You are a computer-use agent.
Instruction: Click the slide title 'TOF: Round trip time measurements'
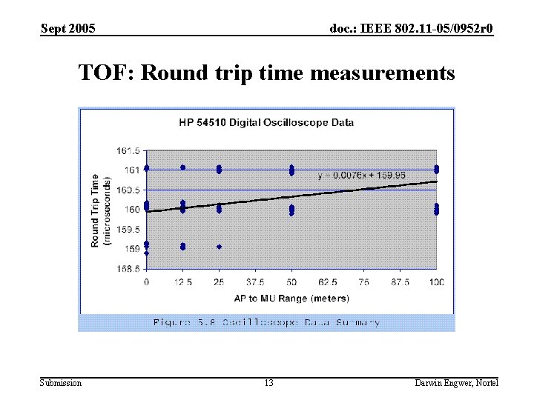pyautogui.click(x=266, y=73)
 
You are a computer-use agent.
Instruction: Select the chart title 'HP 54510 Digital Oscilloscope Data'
pyautogui.click(x=266, y=122)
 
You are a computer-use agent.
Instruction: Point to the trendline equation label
pyautogui.click(x=361, y=176)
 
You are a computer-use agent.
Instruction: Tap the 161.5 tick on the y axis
pyautogui.click(x=128, y=150)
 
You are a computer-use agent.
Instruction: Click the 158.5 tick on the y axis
pyautogui.click(x=128, y=269)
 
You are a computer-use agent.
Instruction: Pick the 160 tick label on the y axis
pyautogui.click(x=131, y=210)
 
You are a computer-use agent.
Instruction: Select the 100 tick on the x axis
pyautogui.click(x=436, y=282)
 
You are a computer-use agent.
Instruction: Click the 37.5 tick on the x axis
pyautogui.click(x=255, y=282)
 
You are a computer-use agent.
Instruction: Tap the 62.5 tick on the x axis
pyautogui.click(x=328, y=282)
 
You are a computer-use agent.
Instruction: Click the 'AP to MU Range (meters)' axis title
pyautogui.click(x=291, y=298)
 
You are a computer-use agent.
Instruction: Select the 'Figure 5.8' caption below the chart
pyautogui.click(x=266, y=322)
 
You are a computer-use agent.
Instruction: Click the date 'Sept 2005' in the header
pyautogui.click(x=67, y=29)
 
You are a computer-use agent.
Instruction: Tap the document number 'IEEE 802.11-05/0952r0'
pyautogui.click(x=412, y=29)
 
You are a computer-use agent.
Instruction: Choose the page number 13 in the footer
pyautogui.click(x=268, y=383)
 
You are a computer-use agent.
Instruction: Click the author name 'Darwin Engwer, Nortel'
pyautogui.click(x=457, y=383)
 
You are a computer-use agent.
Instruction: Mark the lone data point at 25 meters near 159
pyautogui.click(x=219, y=247)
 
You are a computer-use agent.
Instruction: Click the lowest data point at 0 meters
pyautogui.click(x=146, y=253)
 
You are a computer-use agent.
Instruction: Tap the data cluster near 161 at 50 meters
pyautogui.click(x=291, y=170)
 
